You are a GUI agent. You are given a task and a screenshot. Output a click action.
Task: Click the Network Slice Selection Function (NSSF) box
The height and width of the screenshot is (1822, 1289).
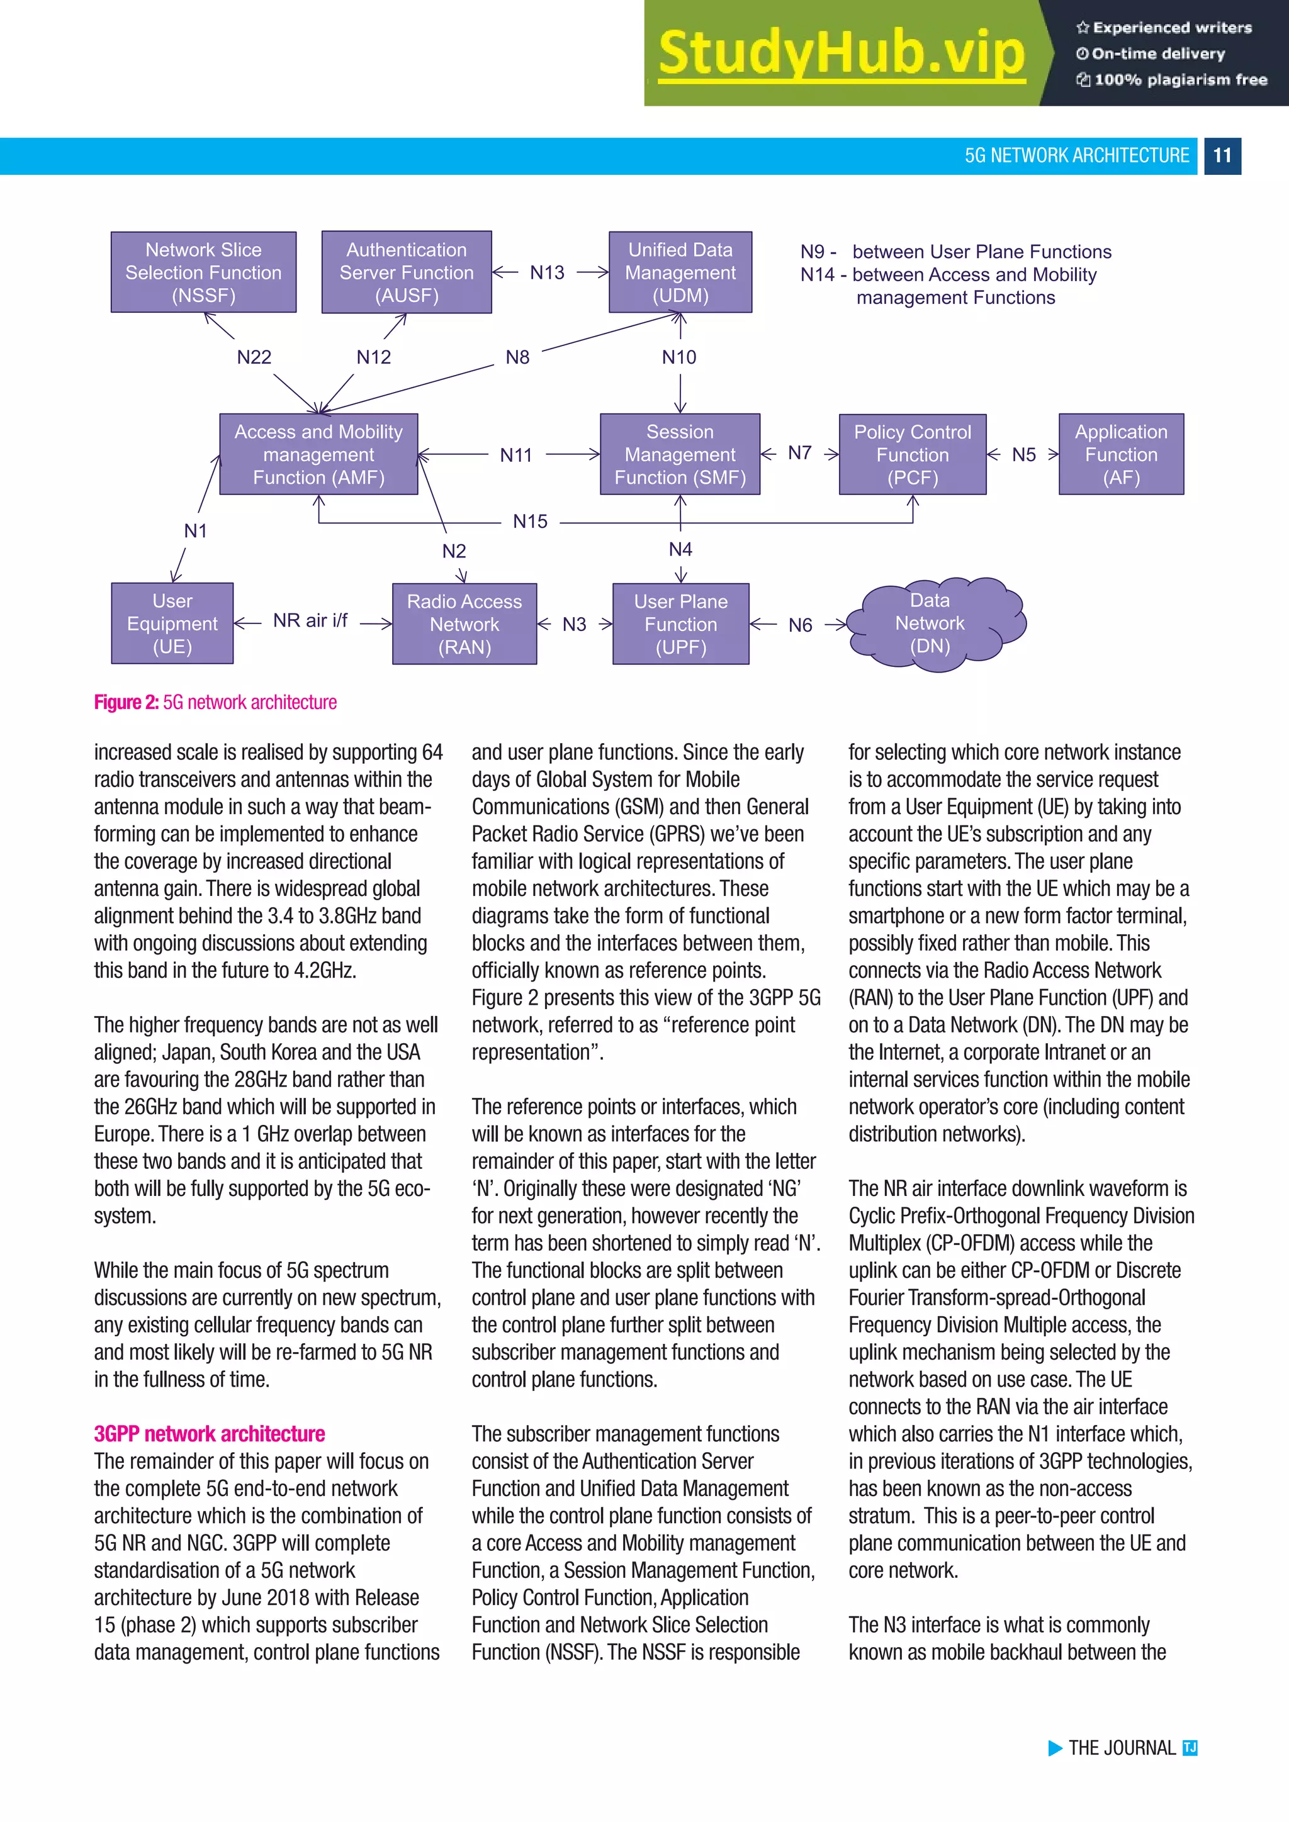[203, 272]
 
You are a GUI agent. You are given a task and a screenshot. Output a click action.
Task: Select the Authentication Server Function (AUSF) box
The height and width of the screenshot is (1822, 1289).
[407, 272]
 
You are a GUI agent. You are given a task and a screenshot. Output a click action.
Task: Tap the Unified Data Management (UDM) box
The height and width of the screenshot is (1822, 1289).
[680, 272]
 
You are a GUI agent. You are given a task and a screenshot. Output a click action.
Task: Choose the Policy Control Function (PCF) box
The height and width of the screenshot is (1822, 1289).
[913, 455]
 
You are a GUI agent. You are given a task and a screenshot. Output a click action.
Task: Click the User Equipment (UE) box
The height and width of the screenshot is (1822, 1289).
[172, 623]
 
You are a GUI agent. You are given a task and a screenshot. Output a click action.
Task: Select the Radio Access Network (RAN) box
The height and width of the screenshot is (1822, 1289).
[464, 623]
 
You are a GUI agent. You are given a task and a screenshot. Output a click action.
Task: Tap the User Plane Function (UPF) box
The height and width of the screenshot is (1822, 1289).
[680, 623]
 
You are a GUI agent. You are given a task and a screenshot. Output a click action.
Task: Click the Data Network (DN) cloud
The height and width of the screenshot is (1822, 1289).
[933, 623]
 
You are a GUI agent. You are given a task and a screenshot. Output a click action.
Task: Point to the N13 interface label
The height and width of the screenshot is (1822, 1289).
[547, 273]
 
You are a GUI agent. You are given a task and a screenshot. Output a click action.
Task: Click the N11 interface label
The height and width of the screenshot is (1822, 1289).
[516, 455]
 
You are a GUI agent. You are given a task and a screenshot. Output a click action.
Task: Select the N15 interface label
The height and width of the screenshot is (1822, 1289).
[530, 522]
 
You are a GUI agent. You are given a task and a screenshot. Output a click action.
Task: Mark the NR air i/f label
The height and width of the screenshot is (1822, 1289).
[310, 620]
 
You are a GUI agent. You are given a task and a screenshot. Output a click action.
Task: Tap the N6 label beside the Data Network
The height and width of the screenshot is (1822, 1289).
[800, 625]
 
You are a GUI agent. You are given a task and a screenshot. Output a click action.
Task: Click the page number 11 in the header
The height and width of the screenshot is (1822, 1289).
[1222, 155]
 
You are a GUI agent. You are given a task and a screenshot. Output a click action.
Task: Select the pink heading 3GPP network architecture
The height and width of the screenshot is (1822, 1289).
[210, 1434]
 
